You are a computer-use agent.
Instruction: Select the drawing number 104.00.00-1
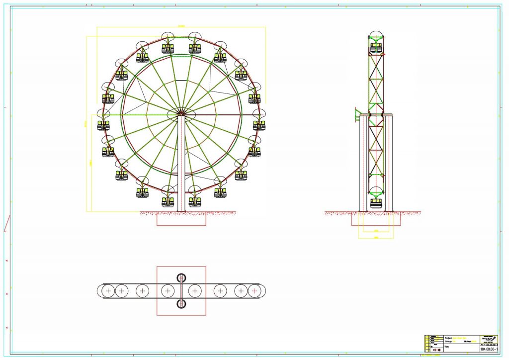(x=488, y=349)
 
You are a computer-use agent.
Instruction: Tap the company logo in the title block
(x=488, y=338)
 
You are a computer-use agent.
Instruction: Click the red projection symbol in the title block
(x=436, y=350)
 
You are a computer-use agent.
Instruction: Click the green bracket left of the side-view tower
(x=357, y=114)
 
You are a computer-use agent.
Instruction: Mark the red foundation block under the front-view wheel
(x=181, y=219)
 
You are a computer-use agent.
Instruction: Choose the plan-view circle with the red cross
(x=254, y=290)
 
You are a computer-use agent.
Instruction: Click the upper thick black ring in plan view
(x=181, y=278)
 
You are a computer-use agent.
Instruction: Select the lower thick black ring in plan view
(x=181, y=303)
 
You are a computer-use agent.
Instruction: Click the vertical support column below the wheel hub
(x=181, y=164)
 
